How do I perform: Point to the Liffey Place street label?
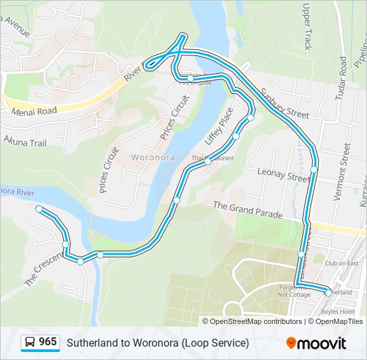(219, 126)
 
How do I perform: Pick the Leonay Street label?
(283, 175)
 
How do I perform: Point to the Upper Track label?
(308, 27)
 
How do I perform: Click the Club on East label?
(342, 263)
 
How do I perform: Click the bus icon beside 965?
(30, 343)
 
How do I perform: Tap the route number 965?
(48, 342)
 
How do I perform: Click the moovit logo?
(316, 343)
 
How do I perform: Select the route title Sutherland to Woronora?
(157, 343)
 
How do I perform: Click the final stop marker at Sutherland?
(328, 293)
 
